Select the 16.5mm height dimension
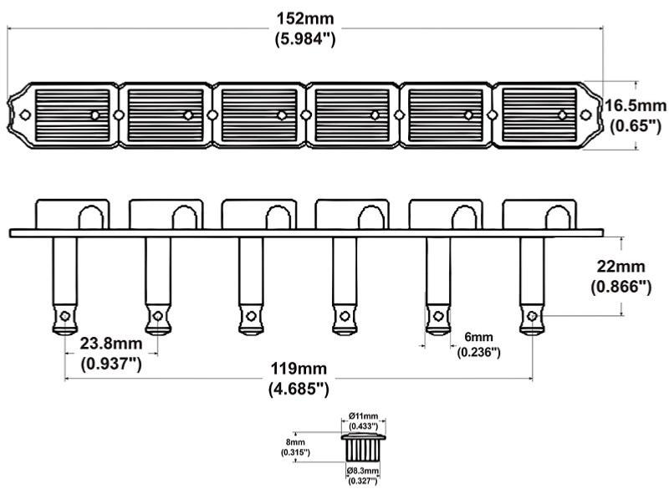[636, 106]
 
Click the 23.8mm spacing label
[110, 344]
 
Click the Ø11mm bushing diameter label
[364, 416]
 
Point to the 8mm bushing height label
[295, 441]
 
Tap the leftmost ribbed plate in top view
[72, 115]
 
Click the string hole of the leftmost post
[64, 316]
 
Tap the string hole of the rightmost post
[532, 316]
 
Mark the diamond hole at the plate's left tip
[25, 115]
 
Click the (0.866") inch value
[620, 287]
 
